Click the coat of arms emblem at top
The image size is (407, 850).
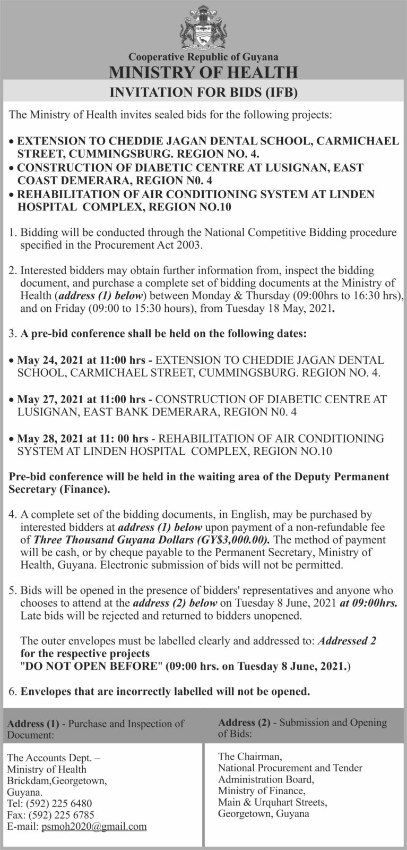[x=203, y=27]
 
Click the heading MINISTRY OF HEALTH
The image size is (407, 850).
[x=203, y=72]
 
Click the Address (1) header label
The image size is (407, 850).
[x=32, y=723]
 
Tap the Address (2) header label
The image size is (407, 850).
[x=244, y=722]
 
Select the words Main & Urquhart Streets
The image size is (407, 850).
[x=272, y=802]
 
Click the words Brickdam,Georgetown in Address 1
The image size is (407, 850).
[x=57, y=780]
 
